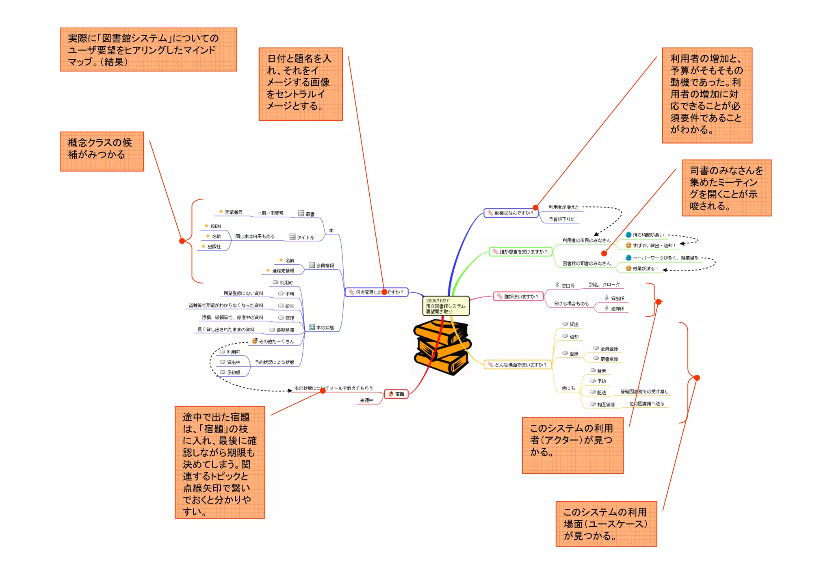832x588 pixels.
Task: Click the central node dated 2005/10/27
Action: pos(446,306)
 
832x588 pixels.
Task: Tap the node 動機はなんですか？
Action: pos(511,213)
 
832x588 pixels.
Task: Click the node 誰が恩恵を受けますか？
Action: pos(520,252)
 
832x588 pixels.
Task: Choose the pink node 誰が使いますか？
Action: pos(518,296)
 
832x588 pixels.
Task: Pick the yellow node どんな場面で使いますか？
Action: pos(518,365)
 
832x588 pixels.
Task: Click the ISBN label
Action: pos(215,226)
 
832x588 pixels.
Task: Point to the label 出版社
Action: pos(214,246)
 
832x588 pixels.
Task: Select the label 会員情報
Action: pos(325,266)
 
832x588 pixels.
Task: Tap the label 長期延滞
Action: pos(285,330)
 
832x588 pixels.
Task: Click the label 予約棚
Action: pos(233,372)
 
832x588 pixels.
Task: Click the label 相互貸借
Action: pos(605,404)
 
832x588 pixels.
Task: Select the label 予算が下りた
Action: pos(561,219)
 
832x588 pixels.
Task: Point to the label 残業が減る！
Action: pos(645,268)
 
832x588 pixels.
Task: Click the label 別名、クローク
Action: pos(604,285)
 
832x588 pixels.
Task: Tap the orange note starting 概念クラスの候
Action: pos(102,151)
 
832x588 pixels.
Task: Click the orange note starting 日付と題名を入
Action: pos(301,84)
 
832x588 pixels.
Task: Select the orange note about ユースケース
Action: pos(606,524)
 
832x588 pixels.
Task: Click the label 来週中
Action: pos(366,400)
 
